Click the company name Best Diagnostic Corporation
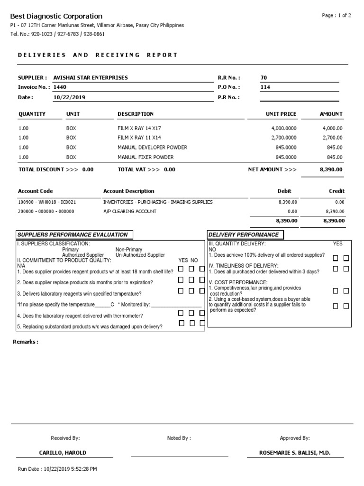(x=56, y=16)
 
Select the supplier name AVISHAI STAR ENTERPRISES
(x=91, y=77)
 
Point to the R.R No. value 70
(x=264, y=77)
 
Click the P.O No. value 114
(x=265, y=87)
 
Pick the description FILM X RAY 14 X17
(x=142, y=129)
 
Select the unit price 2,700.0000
(x=283, y=138)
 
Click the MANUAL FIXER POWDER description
(x=146, y=157)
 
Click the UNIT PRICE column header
(x=281, y=114)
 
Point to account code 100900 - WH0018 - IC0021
(x=47, y=202)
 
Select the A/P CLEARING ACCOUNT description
(x=130, y=212)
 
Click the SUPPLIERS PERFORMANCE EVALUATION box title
(x=73, y=234)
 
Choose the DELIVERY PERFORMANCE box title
(x=244, y=234)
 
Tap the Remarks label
(x=26, y=342)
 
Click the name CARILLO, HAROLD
(x=63, y=453)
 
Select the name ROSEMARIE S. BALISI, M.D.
(x=294, y=453)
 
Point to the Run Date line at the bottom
(x=57, y=469)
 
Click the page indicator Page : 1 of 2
(x=337, y=16)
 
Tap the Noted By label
(x=179, y=438)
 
